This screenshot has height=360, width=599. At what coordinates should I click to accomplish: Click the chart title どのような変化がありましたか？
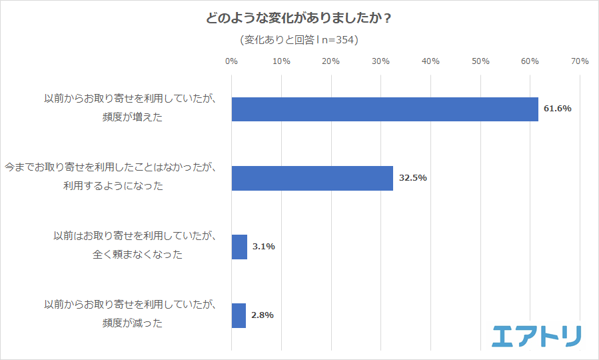click(299, 18)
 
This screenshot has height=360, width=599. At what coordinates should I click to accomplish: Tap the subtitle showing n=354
click(299, 40)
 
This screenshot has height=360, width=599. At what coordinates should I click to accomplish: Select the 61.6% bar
click(384, 109)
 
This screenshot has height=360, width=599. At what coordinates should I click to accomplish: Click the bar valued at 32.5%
click(312, 178)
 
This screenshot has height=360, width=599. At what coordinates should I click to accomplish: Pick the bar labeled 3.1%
click(239, 247)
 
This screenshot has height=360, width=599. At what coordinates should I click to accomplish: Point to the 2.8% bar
click(239, 315)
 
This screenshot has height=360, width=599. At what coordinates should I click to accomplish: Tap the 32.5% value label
click(412, 178)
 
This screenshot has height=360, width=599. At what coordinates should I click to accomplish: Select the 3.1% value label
click(263, 247)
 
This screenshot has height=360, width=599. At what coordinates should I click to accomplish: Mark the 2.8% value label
click(263, 315)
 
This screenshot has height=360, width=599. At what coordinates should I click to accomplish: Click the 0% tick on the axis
click(231, 61)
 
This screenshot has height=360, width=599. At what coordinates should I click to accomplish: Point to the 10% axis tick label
click(281, 61)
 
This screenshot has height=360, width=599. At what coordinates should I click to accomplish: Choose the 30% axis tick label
click(380, 61)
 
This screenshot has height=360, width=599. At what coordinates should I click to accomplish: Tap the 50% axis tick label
click(480, 61)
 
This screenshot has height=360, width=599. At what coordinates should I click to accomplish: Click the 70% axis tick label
click(580, 61)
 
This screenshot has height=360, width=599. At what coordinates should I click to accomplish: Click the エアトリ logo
click(536, 335)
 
